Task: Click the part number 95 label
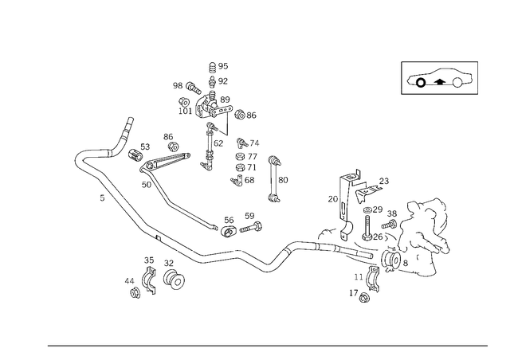(x=223, y=66)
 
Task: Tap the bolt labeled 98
(x=193, y=88)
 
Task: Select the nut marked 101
(x=184, y=102)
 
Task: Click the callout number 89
(x=225, y=100)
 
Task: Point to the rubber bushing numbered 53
(x=135, y=155)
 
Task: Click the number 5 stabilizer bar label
(x=102, y=198)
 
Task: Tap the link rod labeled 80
(x=274, y=179)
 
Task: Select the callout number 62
(x=218, y=143)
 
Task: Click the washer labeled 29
(x=368, y=210)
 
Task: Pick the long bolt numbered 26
(x=367, y=228)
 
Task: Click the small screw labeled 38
(x=389, y=224)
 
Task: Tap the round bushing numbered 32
(x=174, y=279)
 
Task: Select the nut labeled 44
(x=135, y=293)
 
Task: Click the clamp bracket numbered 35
(x=149, y=280)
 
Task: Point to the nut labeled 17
(x=364, y=297)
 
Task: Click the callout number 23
(x=384, y=181)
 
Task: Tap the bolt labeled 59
(x=251, y=227)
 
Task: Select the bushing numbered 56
(x=229, y=231)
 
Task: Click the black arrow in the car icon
(x=440, y=81)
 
